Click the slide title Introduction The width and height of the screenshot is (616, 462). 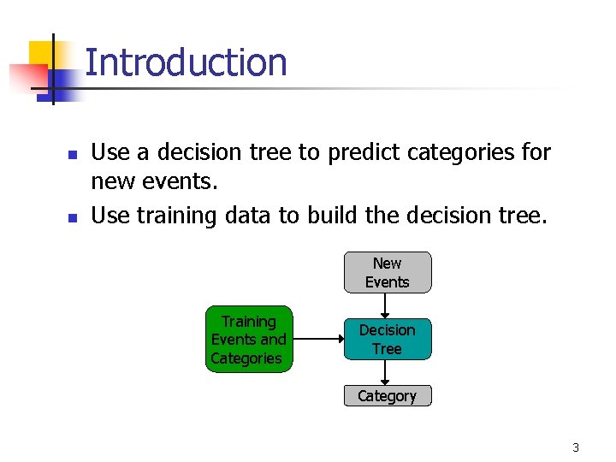click(186, 62)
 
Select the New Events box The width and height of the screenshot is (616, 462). click(388, 273)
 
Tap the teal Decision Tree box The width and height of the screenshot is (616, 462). click(388, 340)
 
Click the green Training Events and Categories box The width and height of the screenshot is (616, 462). click(248, 340)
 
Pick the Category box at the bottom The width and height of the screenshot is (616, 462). click(388, 396)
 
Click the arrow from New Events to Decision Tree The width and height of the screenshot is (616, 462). click(388, 305)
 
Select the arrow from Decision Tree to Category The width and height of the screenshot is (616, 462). click(388, 372)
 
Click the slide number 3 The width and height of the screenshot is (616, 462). click(576, 447)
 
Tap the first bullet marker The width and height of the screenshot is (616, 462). click(73, 156)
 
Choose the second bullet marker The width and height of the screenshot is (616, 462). click(73, 218)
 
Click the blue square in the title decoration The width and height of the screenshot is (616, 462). click(62, 81)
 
